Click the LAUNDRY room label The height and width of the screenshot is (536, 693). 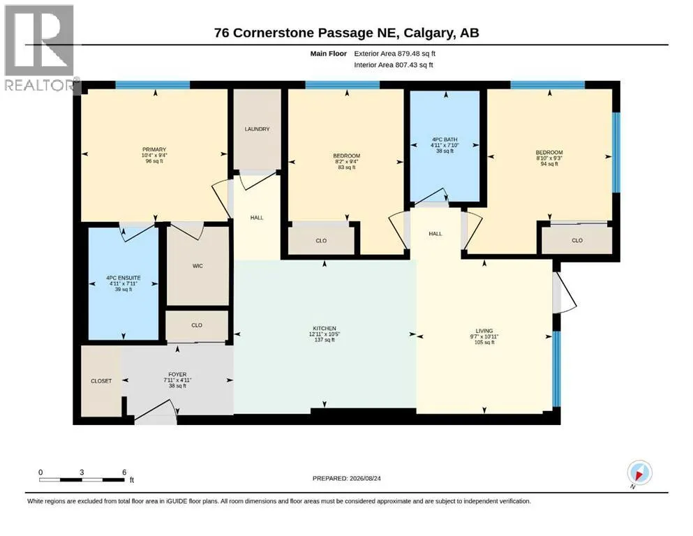point(257,129)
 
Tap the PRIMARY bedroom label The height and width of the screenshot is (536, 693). point(154,149)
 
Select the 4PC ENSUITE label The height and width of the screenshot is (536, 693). point(124,278)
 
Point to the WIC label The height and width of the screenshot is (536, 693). point(198,266)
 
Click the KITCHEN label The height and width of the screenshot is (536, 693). point(325,328)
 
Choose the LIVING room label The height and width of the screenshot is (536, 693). point(484,331)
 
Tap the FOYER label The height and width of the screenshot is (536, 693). point(177,374)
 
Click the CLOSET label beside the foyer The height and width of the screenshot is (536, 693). point(101,381)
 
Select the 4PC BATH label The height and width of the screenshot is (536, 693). point(445,139)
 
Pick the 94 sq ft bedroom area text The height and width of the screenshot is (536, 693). point(549,164)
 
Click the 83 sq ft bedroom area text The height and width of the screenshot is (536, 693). point(346,167)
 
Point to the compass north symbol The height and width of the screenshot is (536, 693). point(639,473)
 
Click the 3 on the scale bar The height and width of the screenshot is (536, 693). point(82,472)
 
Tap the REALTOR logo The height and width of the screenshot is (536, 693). point(39,47)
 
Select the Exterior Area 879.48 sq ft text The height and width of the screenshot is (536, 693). point(395,54)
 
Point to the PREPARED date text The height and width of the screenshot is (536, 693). point(346,478)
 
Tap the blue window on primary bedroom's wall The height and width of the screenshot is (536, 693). point(152,85)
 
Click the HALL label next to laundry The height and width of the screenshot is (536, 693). point(257,218)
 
